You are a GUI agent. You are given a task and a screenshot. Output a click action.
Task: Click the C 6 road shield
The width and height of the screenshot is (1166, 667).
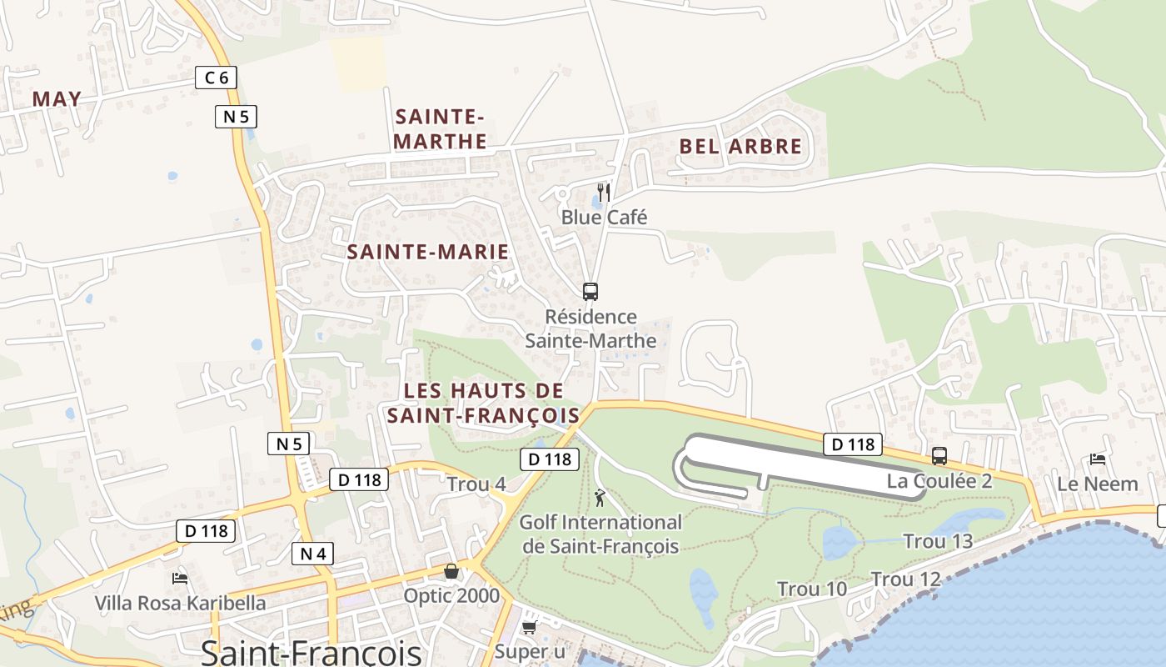coord(217,78)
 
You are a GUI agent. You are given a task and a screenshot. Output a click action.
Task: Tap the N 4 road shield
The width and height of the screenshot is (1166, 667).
coord(313,553)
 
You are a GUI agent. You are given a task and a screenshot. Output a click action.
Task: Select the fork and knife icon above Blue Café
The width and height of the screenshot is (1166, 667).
coord(605,193)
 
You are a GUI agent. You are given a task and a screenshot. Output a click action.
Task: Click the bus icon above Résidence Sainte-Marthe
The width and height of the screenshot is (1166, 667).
coord(590,291)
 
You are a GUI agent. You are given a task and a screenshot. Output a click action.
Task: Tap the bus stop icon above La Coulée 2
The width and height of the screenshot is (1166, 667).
coord(939,456)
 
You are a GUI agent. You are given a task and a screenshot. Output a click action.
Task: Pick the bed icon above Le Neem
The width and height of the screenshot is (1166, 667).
coord(1098,459)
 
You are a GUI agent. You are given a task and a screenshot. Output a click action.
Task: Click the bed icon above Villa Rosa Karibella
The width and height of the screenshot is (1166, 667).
coord(180,578)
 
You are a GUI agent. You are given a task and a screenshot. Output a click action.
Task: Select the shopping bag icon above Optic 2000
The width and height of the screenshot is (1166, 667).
coord(451,571)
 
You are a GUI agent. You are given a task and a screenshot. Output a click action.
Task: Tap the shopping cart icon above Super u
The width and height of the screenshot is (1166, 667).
coord(529,626)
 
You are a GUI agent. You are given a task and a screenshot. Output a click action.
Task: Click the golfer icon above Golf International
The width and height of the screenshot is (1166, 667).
coord(600,499)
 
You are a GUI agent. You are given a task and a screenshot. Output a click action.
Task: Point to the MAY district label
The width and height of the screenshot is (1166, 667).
coord(57,99)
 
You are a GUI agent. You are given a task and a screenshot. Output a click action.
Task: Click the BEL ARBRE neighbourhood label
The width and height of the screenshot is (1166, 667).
coord(740,147)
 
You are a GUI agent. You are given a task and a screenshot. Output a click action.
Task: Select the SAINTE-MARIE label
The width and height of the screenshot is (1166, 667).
coord(427,252)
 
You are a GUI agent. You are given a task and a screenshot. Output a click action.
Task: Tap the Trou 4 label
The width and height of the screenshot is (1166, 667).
coord(476,484)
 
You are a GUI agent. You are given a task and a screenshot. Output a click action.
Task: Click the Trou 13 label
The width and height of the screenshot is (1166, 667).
coord(938,541)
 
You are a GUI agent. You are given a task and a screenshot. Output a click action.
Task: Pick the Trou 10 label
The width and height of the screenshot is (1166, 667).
coord(812,589)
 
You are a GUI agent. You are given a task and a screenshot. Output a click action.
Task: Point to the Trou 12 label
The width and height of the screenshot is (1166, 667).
coord(905,579)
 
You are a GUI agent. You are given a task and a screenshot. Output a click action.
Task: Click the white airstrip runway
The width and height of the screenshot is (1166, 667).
coord(800,463)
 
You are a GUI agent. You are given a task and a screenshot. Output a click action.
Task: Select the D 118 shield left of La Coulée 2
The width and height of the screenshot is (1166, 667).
coord(853,444)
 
